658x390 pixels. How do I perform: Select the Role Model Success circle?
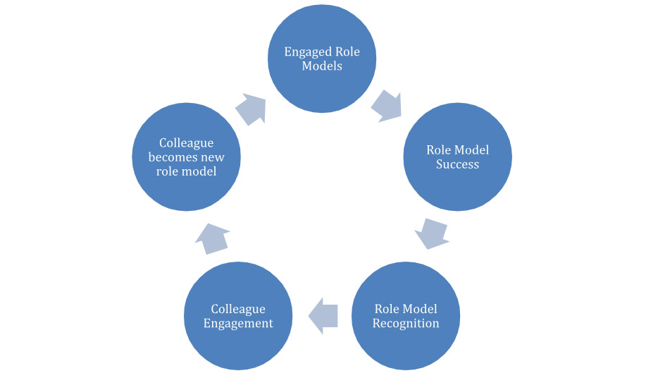pos(457,157)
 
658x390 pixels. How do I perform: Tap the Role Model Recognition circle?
pos(406,315)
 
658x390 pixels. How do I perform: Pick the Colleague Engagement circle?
pos(238,315)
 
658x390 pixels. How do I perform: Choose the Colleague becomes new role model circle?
pos(187,157)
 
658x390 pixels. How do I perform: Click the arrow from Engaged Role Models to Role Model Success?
pos(385,105)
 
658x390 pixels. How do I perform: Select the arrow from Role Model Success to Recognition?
pos(432,233)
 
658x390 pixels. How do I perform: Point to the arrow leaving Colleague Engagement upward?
pos(212,238)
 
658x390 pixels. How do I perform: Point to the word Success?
pos(457,164)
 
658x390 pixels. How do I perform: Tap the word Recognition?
pos(406,324)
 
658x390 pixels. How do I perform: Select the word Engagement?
pos(238,324)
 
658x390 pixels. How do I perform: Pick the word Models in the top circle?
pos(322,66)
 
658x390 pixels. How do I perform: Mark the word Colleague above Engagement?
pos(238,309)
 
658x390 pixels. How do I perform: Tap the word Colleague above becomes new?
pos(187,143)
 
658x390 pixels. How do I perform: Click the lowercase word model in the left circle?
pos(200,171)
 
